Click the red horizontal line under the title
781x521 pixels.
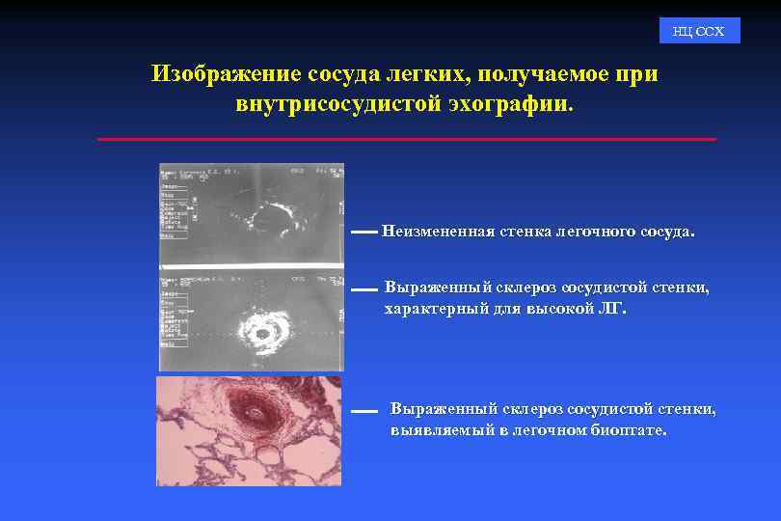407,139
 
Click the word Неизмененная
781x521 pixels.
438,232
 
